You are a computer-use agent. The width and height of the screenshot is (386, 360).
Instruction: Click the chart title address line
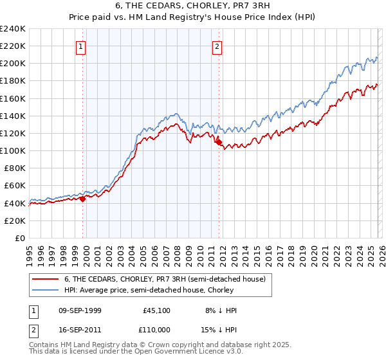tap(192, 6)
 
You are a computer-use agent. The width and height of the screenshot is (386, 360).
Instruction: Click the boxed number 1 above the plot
tap(81, 46)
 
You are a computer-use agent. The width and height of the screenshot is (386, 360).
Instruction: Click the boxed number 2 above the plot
tap(217, 46)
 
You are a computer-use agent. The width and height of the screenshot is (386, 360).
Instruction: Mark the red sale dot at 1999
tap(83, 199)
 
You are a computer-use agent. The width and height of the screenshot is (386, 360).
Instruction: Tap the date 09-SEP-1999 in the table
tap(80, 310)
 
